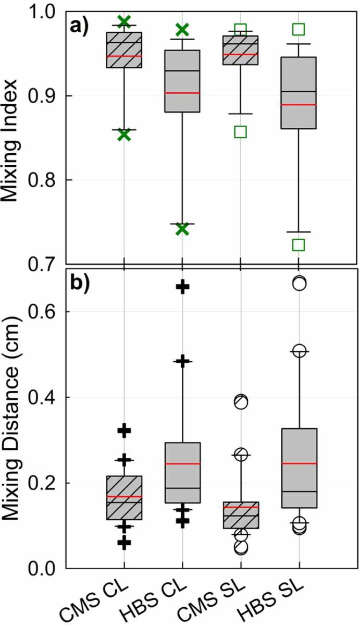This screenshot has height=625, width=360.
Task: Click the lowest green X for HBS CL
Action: pos(182,229)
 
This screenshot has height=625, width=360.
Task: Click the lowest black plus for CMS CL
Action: pos(123,543)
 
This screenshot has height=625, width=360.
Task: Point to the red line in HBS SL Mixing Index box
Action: pos(299,105)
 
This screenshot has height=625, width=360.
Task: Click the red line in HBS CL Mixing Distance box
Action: pos(182,463)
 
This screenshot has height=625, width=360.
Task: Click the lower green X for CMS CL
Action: pos(123,134)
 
